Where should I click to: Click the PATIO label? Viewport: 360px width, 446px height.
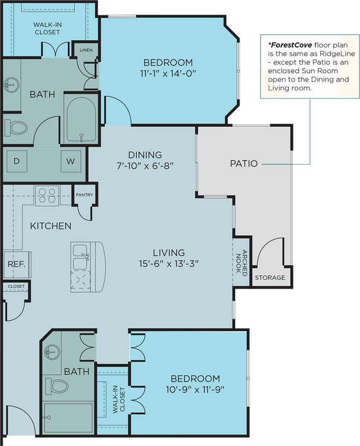point(244,164)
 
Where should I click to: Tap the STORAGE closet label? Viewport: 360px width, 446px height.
point(270,277)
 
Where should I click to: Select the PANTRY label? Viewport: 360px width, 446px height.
point(84,195)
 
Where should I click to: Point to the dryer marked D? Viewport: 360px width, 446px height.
point(16,161)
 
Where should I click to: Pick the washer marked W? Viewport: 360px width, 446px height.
point(70,161)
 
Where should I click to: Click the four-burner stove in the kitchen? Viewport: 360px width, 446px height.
point(47,195)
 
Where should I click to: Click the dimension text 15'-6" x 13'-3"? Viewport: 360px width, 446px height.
point(168,263)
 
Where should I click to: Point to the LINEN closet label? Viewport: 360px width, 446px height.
point(86,50)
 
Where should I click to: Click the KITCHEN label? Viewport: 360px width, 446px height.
point(50,226)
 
